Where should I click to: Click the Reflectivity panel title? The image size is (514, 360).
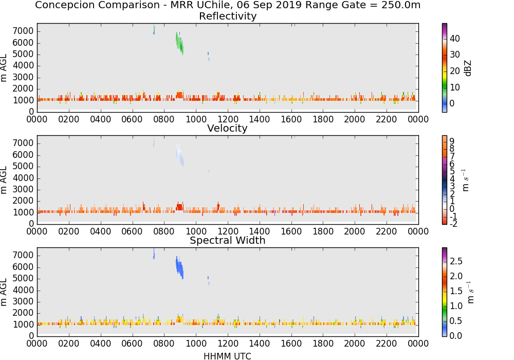click(x=228, y=16)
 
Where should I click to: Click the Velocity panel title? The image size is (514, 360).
click(x=227, y=128)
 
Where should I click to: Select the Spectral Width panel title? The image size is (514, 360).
click(x=228, y=240)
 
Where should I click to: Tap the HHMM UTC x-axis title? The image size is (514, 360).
click(x=227, y=356)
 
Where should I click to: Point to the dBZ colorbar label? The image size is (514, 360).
click(x=468, y=68)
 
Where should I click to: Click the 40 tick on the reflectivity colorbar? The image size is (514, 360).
click(x=455, y=39)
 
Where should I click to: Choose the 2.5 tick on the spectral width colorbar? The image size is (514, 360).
click(x=456, y=261)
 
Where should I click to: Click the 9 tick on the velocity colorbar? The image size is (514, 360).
click(x=452, y=141)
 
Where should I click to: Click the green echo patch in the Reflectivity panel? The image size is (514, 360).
click(x=179, y=43)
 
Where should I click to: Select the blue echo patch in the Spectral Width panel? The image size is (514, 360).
click(x=179, y=267)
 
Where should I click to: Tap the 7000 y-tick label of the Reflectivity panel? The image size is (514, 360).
click(x=23, y=31)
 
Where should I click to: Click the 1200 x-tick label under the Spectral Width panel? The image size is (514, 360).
click(x=228, y=343)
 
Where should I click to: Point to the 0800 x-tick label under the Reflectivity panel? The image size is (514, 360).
click(x=164, y=119)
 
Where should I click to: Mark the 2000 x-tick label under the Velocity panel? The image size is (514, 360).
click(x=354, y=231)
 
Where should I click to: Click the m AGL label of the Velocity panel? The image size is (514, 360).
click(x=4, y=180)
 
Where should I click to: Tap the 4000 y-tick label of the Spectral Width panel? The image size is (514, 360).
click(x=23, y=290)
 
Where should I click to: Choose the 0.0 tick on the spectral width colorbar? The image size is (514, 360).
click(x=455, y=336)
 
